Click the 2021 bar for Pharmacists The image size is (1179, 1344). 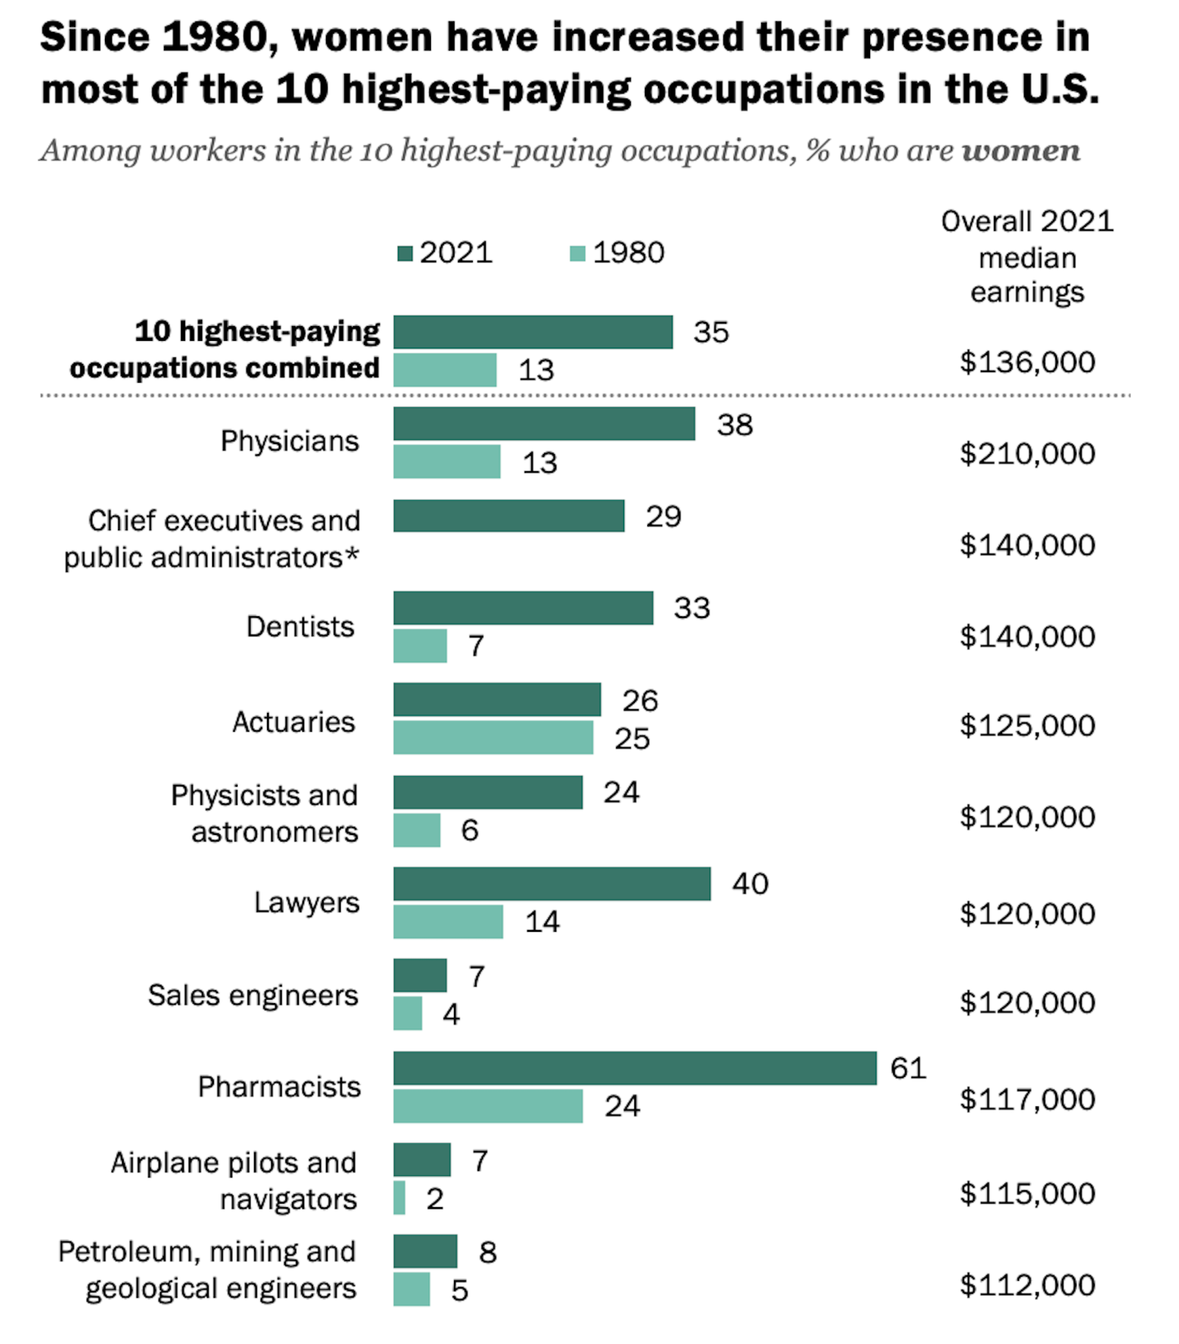point(635,1068)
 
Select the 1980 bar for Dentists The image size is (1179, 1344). point(420,646)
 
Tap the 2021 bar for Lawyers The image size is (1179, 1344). point(551,883)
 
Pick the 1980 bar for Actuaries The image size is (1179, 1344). point(493,738)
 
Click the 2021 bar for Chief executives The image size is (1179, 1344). point(509,516)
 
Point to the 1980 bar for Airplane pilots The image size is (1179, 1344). point(400,1197)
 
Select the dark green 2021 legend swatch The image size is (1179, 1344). point(405,253)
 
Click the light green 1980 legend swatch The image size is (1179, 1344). point(578,253)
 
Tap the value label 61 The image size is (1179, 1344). point(908,1068)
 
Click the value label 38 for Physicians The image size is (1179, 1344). point(734,425)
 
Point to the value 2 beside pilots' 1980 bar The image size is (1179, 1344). point(435,1199)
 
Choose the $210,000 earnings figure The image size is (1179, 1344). point(1027,453)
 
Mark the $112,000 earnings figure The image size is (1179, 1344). point(1027,1285)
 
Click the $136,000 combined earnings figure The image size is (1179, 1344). point(1027,361)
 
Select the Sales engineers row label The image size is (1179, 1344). point(253,995)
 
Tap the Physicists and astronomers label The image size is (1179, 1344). point(265,813)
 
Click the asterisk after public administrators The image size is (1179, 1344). point(352,556)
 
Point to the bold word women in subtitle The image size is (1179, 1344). point(1021,151)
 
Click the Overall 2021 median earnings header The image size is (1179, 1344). point(1027,257)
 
